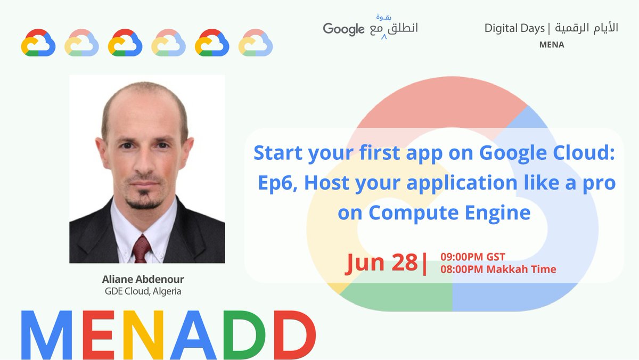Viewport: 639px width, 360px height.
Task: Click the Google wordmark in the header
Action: [x=343, y=29]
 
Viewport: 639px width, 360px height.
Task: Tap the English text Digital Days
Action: [x=514, y=28]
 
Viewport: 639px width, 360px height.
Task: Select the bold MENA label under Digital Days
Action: [x=551, y=45]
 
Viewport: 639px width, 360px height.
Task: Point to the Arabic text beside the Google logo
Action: [x=393, y=27]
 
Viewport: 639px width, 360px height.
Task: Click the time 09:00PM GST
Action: [x=473, y=257]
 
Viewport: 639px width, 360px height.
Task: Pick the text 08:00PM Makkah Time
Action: [x=498, y=269]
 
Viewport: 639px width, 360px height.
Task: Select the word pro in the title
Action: [x=597, y=183]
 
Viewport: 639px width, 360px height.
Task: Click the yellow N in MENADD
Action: [x=139, y=334]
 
